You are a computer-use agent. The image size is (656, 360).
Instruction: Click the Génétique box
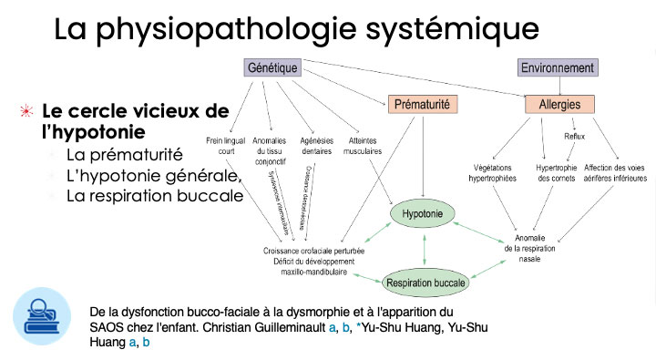[x=273, y=67]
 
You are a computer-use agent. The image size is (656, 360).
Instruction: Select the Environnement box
[x=557, y=67]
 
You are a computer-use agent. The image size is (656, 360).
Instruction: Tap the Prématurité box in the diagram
[x=421, y=104]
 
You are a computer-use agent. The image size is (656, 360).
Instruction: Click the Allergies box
[x=559, y=104]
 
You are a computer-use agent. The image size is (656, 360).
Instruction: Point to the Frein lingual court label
[x=226, y=146]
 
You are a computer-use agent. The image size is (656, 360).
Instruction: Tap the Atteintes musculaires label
[x=363, y=146]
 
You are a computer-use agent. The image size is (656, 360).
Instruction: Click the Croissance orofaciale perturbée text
[x=313, y=250]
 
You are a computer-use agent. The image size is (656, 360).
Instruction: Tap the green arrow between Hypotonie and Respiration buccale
[x=424, y=249]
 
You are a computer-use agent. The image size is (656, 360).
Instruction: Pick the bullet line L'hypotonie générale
[x=152, y=175]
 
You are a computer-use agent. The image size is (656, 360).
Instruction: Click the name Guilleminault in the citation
[x=280, y=327]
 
